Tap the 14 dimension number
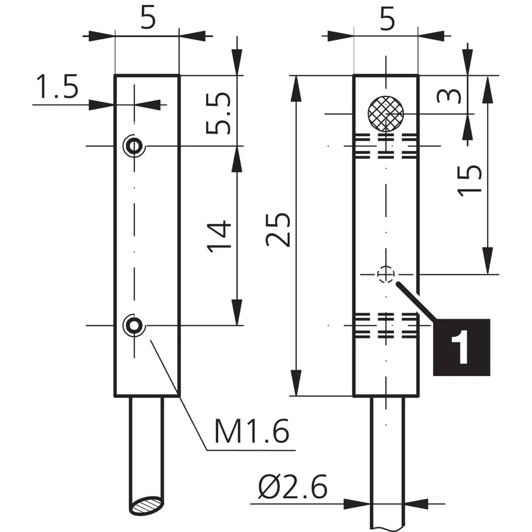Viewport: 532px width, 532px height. point(220,237)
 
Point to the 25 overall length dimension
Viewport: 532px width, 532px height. point(278,229)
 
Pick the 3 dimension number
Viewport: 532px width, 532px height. point(449,96)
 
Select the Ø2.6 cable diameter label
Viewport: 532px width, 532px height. point(292,488)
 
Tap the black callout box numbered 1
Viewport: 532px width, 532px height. point(462,347)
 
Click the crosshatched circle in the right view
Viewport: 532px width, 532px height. point(386,114)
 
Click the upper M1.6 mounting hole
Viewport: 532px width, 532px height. point(133,146)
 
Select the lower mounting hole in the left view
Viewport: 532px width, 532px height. point(133,325)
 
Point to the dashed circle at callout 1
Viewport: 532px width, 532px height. point(386,274)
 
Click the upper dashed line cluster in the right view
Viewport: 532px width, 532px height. point(386,146)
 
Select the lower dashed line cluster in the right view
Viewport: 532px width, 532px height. point(386,325)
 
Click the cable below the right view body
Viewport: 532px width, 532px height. point(387,460)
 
